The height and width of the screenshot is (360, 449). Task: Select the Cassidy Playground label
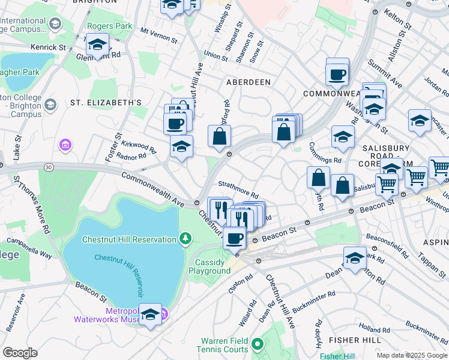click(209, 266)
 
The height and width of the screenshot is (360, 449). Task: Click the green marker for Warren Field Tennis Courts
click(258, 344)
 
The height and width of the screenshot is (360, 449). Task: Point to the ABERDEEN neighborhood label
click(249, 82)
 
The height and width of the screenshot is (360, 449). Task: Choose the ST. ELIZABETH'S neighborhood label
click(106, 103)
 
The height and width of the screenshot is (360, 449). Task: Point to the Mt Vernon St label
click(159, 35)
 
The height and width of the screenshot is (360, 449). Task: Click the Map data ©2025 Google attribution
click(412, 355)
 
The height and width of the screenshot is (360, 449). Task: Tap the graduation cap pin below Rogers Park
click(97, 44)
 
